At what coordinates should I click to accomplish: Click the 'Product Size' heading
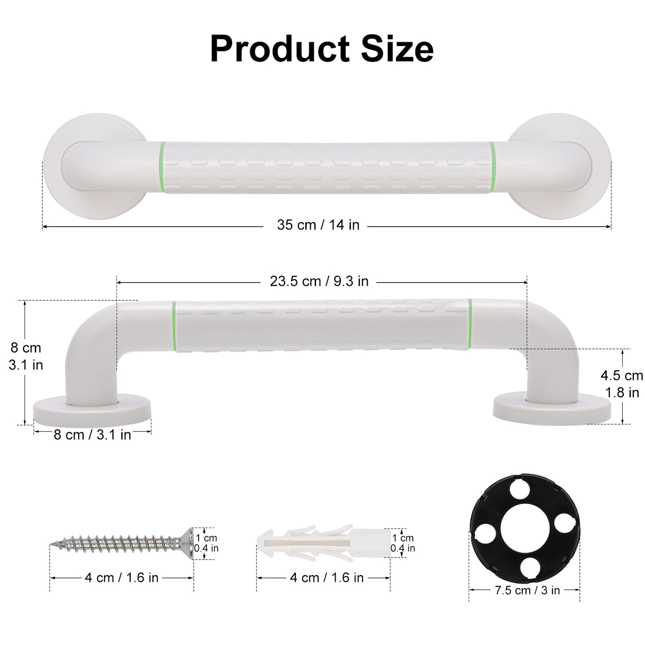(321, 49)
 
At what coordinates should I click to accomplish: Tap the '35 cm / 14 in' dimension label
(318, 225)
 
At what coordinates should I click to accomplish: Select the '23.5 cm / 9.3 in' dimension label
(319, 282)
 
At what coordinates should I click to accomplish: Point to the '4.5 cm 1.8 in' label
(622, 384)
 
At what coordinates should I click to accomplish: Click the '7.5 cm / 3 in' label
(527, 591)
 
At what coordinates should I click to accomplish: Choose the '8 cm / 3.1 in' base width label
(92, 435)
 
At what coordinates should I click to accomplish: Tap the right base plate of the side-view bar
(552, 407)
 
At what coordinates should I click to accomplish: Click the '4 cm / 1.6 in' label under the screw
(121, 578)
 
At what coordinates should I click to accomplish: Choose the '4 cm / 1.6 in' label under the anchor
(327, 578)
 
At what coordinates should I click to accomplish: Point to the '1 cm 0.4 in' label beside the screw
(207, 543)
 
